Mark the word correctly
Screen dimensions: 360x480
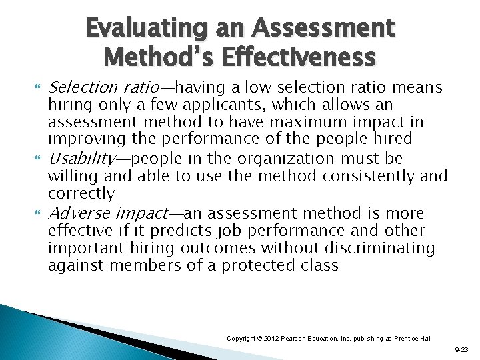pyautogui.click(x=81, y=194)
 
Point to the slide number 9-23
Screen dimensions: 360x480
pyautogui.click(x=461, y=349)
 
